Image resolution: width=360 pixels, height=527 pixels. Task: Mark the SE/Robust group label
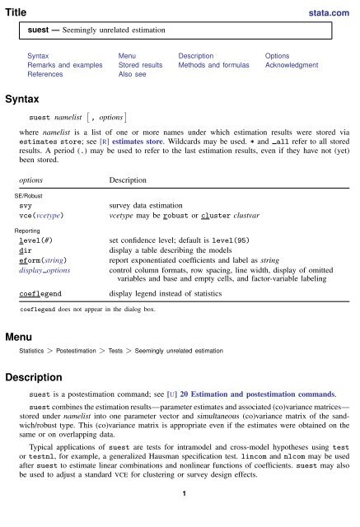point(30,194)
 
